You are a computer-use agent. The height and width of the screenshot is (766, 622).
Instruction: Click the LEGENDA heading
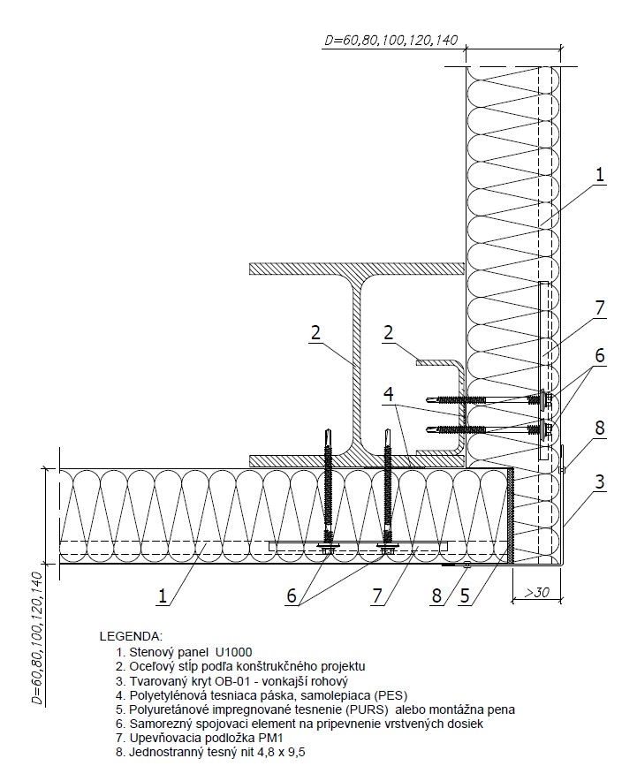pos(131,636)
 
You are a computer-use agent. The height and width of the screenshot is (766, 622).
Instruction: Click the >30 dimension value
pos(536,593)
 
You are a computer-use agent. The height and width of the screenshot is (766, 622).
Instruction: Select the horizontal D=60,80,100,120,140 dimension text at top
pos(391,40)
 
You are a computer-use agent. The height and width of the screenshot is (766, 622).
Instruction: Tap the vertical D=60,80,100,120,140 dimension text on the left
pos(37,639)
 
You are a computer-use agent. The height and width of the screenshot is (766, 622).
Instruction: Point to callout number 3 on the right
pos(600,482)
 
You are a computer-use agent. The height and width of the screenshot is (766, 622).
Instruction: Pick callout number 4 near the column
pos(389,394)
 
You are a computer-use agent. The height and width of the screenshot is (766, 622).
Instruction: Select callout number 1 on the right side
pos(600,175)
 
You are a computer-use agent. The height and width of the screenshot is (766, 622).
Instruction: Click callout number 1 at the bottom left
pos(163,595)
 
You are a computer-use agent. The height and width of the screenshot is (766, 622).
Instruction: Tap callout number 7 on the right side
pos(600,307)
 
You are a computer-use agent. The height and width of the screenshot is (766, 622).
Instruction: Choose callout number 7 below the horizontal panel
pos(376,595)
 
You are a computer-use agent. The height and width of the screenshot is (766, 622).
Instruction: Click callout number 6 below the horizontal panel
pos(292,595)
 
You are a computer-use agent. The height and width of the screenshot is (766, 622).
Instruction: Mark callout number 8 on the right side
pos(600,428)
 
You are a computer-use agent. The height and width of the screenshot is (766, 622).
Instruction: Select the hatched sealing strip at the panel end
pos(511,516)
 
